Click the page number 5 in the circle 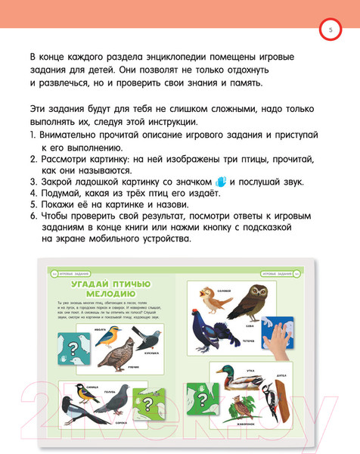330,30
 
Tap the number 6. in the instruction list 33,214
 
